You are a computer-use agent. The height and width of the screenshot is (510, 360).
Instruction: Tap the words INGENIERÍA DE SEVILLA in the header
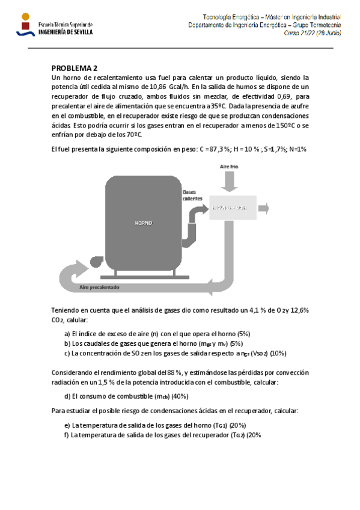point(66,32)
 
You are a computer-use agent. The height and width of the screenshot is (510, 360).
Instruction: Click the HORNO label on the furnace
point(143,223)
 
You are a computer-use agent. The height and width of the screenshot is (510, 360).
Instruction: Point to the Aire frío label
point(229,164)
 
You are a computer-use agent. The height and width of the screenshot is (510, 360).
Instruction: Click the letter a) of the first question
point(67,333)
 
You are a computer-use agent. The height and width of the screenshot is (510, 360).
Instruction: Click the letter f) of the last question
point(67,434)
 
